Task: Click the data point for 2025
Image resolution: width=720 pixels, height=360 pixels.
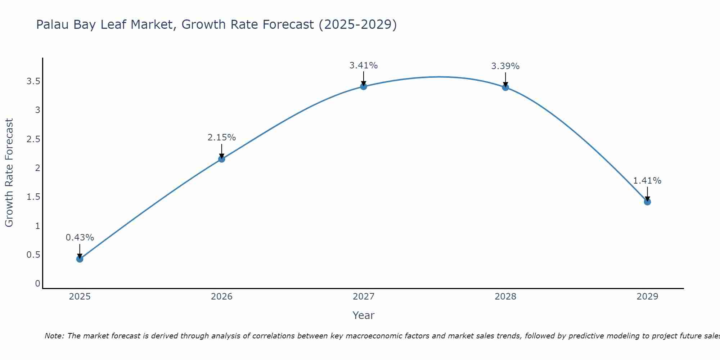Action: pyautogui.click(x=80, y=259)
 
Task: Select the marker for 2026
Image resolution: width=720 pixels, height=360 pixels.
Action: pyautogui.click(x=222, y=159)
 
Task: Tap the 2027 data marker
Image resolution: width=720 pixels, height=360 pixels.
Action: pyautogui.click(x=364, y=86)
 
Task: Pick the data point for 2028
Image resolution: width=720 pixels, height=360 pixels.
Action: pyautogui.click(x=505, y=87)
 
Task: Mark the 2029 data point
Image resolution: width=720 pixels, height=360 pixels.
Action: pyautogui.click(x=647, y=202)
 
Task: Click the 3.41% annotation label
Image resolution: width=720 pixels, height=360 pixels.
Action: pyautogui.click(x=364, y=66)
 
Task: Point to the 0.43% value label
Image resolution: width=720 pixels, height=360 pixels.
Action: pyautogui.click(x=80, y=238)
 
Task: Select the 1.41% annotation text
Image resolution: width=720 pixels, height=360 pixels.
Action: pyautogui.click(x=647, y=181)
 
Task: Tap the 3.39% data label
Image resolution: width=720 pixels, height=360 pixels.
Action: pyautogui.click(x=505, y=66)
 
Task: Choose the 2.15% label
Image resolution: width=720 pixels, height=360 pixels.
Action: pyautogui.click(x=222, y=138)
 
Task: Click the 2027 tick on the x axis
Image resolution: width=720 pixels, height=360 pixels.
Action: pyautogui.click(x=364, y=297)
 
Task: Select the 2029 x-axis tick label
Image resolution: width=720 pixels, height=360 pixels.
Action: pyautogui.click(x=647, y=297)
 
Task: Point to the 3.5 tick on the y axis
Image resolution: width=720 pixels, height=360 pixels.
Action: pyautogui.click(x=33, y=81)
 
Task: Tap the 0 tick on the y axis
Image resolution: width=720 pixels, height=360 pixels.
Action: pyautogui.click(x=37, y=284)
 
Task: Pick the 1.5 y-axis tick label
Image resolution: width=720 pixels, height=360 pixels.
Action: pyautogui.click(x=33, y=197)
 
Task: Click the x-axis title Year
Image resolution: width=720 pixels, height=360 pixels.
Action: pyautogui.click(x=364, y=315)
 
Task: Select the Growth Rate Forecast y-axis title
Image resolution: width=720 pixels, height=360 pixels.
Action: pyautogui.click(x=9, y=173)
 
